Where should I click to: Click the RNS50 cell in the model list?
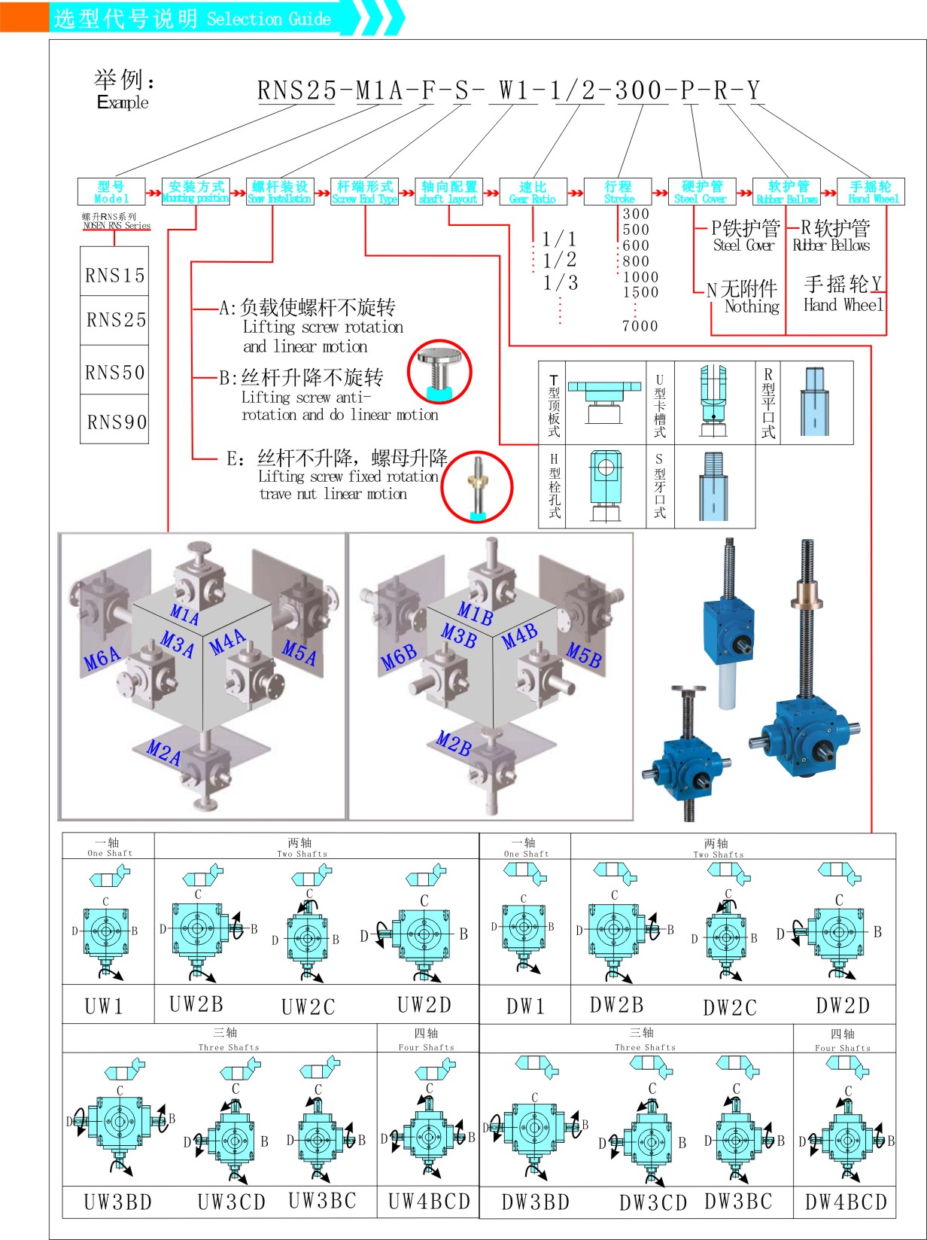pos(114,372)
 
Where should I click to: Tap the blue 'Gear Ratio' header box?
pos(533,192)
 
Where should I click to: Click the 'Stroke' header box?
pos(618,192)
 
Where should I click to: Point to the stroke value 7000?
pos(640,326)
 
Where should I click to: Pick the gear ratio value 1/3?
pos(561,283)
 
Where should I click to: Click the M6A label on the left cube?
pos(102,659)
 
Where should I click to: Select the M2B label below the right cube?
pos(454,744)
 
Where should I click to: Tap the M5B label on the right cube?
pos(584,655)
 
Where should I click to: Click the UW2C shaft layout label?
pos(308,1007)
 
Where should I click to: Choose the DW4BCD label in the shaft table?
pos(846,1202)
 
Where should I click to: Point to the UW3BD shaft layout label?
pos(117,1202)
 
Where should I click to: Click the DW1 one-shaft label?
pos(525,1006)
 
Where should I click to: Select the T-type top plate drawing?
pos(604,403)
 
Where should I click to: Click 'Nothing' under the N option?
pos(752,306)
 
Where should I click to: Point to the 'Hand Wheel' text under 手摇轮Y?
pos(843,305)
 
